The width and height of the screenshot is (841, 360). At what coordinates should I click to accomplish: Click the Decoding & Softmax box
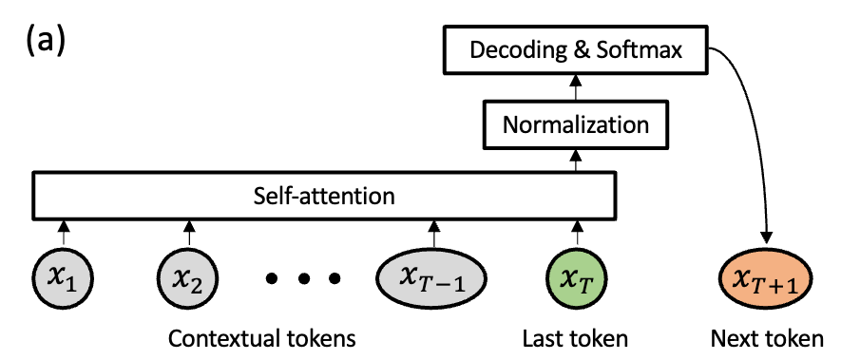coord(576,50)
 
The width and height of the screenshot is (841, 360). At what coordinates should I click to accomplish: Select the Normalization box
coord(576,125)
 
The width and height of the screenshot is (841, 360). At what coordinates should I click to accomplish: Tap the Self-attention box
coord(324,196)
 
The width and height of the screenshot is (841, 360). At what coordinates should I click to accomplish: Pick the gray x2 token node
coord(188,278)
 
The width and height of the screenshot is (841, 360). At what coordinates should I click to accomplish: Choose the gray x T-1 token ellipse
coord(432,278)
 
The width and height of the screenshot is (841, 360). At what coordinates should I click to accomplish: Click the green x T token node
coord(576,278)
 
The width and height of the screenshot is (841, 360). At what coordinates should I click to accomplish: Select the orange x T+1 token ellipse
coord(765,278)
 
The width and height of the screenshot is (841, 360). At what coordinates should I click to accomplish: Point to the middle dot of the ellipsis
coord(303,278)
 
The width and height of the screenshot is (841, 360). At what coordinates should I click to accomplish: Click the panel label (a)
coord(46,40)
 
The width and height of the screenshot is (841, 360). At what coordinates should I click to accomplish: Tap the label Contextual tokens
coord(261,338)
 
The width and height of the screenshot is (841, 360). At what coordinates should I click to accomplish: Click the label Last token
coord(575,338)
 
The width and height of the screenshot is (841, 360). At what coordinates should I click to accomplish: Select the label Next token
coord(767,338)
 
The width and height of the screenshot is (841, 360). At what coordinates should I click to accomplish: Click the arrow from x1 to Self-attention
coord(64,233)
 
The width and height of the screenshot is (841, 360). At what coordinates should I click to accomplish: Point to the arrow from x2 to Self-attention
coord(188,233)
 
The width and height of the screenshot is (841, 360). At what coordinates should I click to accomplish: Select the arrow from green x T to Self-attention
coord(576,233)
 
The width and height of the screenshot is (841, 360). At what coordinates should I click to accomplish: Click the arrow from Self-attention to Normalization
coord(576,160)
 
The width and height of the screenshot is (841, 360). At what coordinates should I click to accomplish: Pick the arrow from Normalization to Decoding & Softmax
coord(576,87)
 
